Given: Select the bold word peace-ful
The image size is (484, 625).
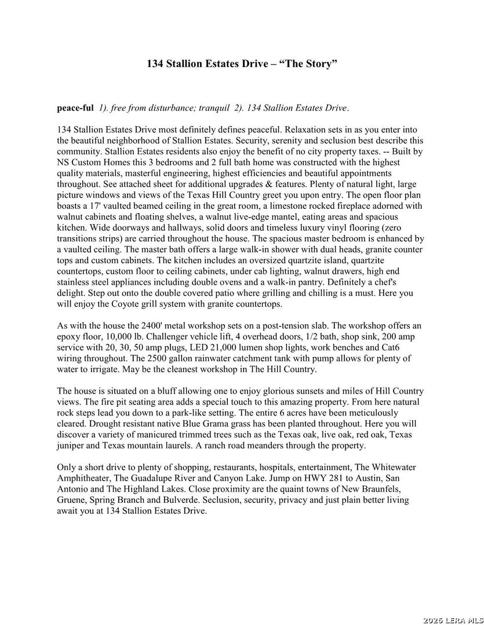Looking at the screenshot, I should click(x=75, y=108).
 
